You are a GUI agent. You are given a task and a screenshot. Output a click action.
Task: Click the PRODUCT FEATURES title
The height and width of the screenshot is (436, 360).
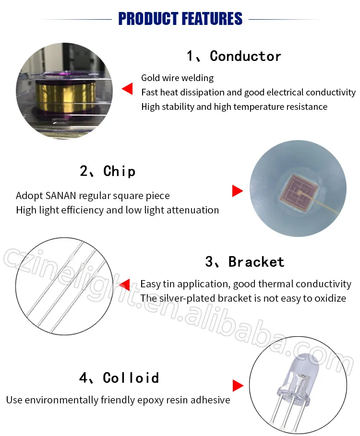pyautogui.click(x=180, y=19)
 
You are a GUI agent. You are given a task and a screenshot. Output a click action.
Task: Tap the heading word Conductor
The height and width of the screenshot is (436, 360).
pyautogui.click(x=245, y=56)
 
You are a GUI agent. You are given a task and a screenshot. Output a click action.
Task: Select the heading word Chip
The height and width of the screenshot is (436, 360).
pyautogui.click(x=120, y=171)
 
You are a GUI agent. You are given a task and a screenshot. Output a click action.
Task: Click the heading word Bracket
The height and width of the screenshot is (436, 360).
pyautogui.click(x=256, y=262)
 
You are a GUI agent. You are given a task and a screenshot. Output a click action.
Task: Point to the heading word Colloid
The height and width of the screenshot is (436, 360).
pyautogui.click(x=131, y=378)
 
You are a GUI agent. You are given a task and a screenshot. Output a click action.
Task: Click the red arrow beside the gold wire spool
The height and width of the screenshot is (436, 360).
pyautogui.click(x=127, y=88)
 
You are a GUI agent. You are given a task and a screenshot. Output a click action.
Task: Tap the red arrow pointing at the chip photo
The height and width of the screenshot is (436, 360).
pyautogui.click(x=238, y=191)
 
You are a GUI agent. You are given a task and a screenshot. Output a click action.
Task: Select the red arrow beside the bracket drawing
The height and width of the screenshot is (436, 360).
pyautogui.click(x=124, y=285)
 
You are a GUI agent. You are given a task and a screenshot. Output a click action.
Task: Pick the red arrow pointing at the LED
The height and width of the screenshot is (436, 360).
pyautogui.click(x=238, y=386)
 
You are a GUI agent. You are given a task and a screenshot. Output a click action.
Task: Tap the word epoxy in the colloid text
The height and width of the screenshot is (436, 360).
pyautogui.click(x=153, y=401)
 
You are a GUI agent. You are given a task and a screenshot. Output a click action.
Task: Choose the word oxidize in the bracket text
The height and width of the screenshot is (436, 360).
pyautogui.click(x=330, y=298)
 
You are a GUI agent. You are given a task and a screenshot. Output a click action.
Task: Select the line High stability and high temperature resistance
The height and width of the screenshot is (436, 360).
pyautogui.click(x=234, y=107)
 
